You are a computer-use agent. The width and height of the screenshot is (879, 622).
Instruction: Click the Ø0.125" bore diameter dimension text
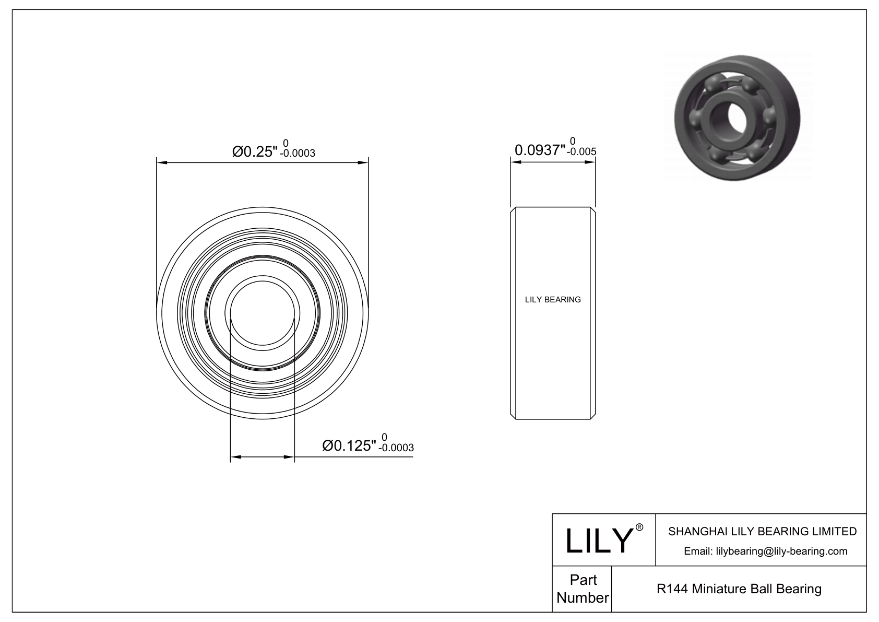pos(349,445)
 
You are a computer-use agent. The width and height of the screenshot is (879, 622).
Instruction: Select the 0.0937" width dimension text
pos(540,150)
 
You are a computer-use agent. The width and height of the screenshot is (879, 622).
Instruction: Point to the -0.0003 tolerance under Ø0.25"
pos(298,154)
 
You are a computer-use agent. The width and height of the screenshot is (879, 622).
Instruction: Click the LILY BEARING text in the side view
pos(552,300)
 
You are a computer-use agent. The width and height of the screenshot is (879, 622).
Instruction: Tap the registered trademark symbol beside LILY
pos(639,527)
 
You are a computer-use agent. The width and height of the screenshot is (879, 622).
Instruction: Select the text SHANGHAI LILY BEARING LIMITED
pos(762,531)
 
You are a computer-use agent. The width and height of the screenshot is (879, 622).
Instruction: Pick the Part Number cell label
pos(583,589)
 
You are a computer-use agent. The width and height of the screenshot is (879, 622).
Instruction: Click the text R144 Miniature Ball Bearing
pos(739,589)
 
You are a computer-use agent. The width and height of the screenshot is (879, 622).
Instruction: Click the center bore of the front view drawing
pos(263,312)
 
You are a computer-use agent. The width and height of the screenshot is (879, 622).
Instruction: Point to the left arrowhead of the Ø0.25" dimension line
pos(161,163)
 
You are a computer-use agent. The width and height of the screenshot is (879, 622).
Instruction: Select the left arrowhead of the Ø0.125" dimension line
pos(235,457)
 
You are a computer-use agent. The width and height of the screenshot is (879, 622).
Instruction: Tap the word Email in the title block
pos(697,551)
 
